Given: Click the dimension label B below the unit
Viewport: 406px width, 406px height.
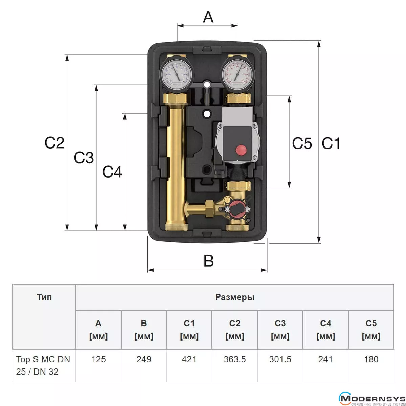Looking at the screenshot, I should [208, 261].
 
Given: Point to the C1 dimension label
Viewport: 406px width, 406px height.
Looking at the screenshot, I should [331, 143].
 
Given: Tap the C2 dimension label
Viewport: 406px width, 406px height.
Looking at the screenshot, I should [54, 143].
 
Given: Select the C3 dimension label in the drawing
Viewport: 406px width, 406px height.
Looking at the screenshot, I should [84, 158].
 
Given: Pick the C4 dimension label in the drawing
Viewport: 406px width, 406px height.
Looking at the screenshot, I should [112, 172].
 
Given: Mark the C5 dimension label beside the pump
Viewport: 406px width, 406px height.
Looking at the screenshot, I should [302, 143].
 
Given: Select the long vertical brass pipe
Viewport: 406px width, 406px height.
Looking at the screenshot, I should [176, 162].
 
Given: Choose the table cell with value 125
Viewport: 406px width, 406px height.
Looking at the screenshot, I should [98, 359].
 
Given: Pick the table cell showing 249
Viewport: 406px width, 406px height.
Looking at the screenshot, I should [144, 359].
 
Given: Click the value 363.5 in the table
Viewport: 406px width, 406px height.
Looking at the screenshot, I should [234, 359].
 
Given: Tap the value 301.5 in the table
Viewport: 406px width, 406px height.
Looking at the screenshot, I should [280, 359].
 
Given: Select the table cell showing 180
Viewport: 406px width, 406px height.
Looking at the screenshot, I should [371, 359].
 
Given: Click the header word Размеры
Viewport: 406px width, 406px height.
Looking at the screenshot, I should [234, 297].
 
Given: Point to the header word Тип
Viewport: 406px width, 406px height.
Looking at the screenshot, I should [44, 297].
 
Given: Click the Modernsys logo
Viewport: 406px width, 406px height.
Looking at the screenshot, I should [371, 399].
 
